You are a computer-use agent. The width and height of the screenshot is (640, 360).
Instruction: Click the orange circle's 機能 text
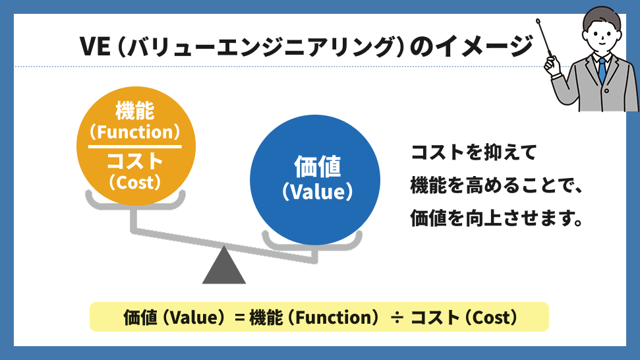135,109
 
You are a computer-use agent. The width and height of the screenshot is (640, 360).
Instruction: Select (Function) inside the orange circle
135,132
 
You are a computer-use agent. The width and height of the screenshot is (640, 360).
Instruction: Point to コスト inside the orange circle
135,160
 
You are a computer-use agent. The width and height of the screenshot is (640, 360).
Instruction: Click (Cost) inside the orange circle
135,181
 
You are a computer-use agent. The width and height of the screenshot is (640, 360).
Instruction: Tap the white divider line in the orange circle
135,145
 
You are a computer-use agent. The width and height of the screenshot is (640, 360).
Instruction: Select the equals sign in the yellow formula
240,318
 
